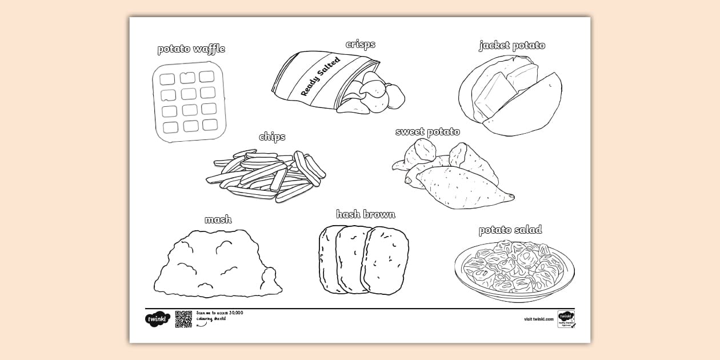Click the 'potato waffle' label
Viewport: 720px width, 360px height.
point(191,49)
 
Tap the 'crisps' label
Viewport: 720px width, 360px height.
point(360,44)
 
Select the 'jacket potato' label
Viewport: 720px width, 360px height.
point(511,45)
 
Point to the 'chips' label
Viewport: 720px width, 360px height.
point(272,137)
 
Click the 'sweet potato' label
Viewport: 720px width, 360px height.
point(427,132)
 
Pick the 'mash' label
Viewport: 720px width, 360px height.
point(218,219)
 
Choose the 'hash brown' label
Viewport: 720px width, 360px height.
point(366,214)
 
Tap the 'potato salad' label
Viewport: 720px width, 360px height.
point(510,230)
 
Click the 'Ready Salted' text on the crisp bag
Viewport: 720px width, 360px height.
point(320,76)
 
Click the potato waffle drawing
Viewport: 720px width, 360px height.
point(189,101)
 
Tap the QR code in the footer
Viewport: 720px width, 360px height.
point(183,319)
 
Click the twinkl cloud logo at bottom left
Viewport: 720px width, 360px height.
point(157,319)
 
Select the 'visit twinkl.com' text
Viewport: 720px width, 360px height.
point(538,319)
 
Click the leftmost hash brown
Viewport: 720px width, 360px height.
point(327,258)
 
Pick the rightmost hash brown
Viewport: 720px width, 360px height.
point(386,261)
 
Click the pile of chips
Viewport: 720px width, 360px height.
point(266,175)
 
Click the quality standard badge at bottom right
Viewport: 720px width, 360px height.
point(566,319)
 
